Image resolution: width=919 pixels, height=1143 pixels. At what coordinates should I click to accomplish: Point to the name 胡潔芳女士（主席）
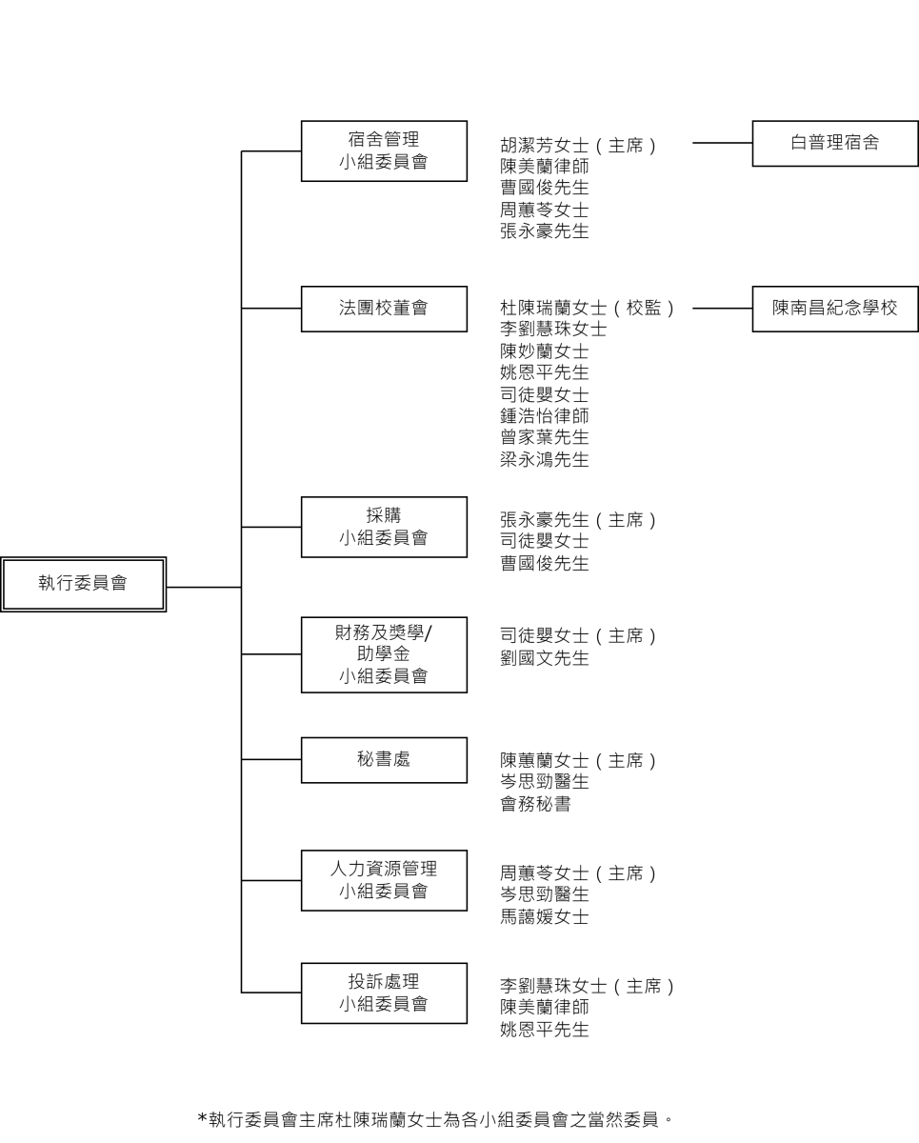tap(578, 145)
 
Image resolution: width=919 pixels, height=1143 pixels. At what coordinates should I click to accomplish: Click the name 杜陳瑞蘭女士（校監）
tap(588, 308)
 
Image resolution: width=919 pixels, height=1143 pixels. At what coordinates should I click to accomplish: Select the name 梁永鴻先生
tap(545, 459)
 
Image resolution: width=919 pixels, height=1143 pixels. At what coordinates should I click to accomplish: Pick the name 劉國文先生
tap(545, 658)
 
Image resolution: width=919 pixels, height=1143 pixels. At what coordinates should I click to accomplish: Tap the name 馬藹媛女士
tap(545, 916)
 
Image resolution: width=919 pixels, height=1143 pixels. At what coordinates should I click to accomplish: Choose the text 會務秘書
tap(535, 804)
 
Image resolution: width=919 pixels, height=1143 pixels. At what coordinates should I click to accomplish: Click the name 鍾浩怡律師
tap(545, 416)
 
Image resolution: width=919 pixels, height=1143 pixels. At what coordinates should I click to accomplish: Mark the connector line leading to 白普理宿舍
tap(723, 143)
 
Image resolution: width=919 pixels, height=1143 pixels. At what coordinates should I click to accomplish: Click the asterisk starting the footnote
tap(202, 1118)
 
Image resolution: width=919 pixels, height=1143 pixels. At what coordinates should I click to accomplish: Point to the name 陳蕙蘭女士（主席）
tap(578, 760)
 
